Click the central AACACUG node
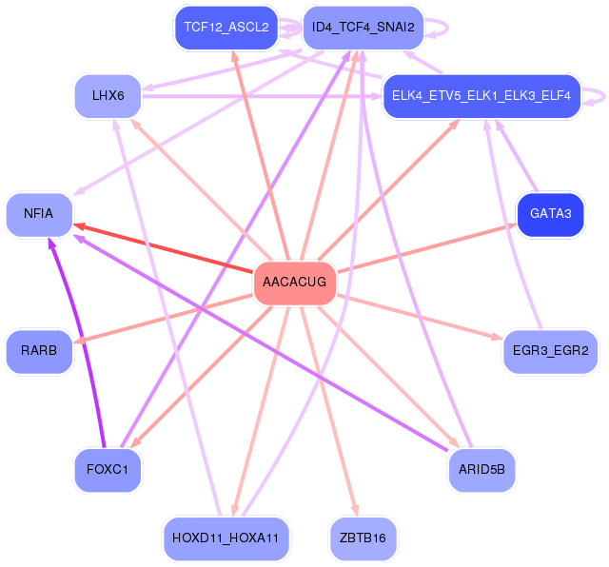click(294, 283)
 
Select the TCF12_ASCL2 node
click(226, 28)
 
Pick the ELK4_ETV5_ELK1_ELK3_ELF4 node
click(481, 96)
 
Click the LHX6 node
click(108, 96)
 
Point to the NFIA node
click(39, 215)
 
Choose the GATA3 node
click(549, 215)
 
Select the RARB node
click(39, 351)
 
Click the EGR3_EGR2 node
click(550, 351)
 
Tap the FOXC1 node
click(108, 470)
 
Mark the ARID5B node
click(481, 470)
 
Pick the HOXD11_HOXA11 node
click(226, 538)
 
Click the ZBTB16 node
click(363, 538)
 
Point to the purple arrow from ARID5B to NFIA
click(266, 344)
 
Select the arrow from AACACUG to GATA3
click(428, 246)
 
